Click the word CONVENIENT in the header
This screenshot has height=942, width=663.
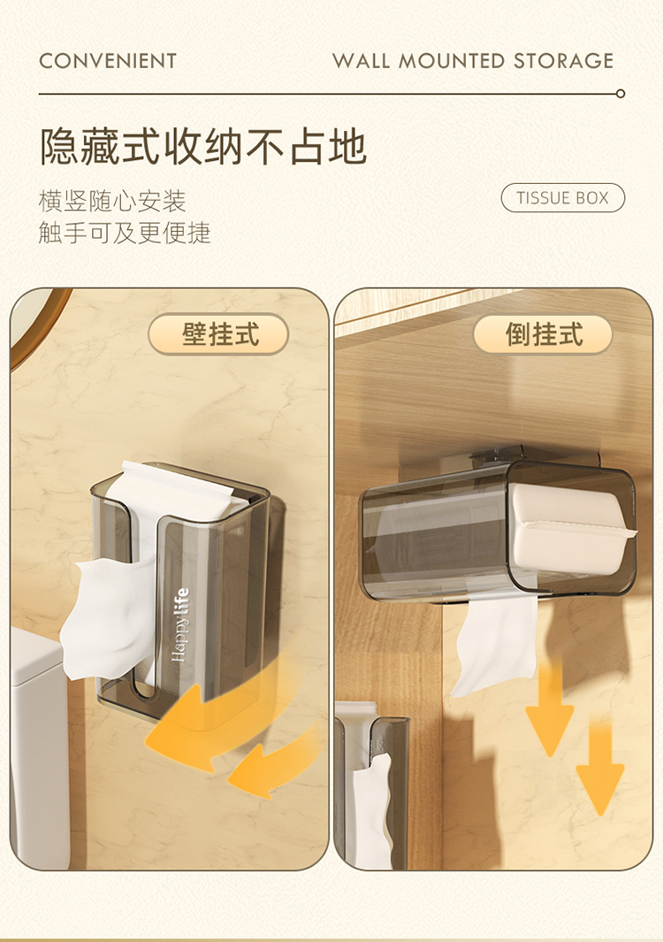(x=108, y=61)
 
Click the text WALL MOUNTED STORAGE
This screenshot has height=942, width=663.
(x=473, y=61)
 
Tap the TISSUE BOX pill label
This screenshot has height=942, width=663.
(x=563, y=197)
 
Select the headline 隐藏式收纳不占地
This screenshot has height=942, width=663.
(x=203, y=146)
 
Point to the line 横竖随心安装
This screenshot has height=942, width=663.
(x=112, y=201)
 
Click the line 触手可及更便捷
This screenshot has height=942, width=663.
(x=125, y=233)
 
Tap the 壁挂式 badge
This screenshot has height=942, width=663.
(x=218, y=334)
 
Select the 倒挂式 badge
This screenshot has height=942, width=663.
(x=543, y=334)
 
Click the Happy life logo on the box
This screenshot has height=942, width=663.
(x=180, y=624)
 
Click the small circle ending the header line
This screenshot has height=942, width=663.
(x=621, y=94)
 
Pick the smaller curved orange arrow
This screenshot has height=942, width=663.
(x=273, y=763)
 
